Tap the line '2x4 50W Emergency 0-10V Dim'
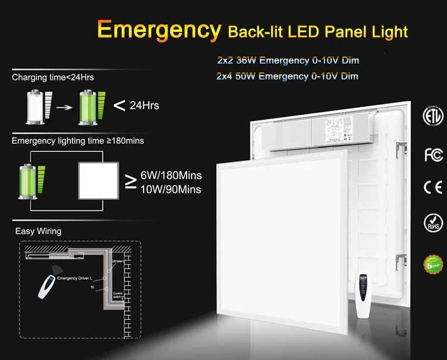[x=287, y=76]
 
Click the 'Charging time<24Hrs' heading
[x=53, y=77]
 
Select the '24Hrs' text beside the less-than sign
[x=144, y=105]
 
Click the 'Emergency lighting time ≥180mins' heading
[x=78, y=141]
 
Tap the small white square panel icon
[x=99, y=180]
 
